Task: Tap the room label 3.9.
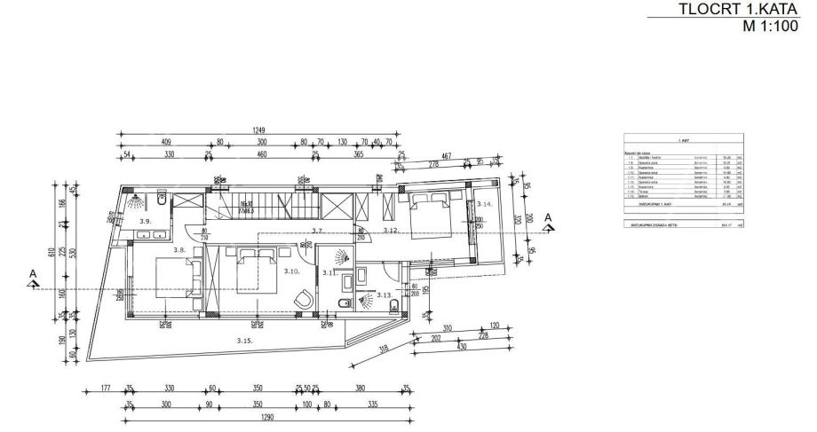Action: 147,220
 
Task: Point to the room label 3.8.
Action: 179,250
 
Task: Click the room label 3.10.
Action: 290,271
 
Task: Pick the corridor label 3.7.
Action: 317,231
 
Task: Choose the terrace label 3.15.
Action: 244,341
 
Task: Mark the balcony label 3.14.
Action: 483,204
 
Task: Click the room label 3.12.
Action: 390,231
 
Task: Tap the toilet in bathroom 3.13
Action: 393,306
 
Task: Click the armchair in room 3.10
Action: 305,300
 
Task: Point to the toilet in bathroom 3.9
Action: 163,199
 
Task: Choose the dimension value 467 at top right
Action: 446,156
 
